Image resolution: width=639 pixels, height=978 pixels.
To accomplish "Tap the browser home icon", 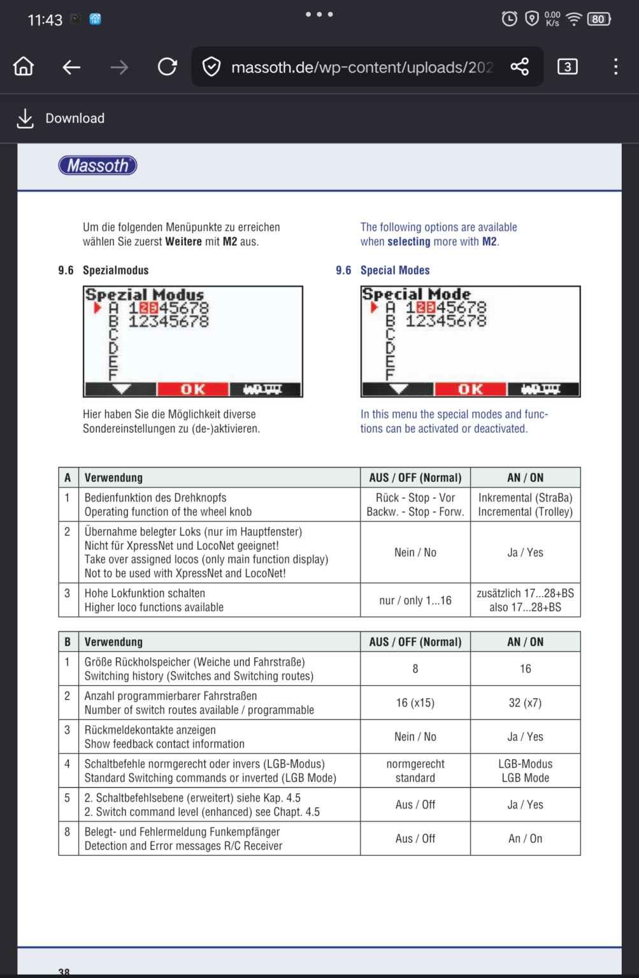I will [x=24, y=66].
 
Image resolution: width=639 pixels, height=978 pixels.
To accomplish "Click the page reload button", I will [x=168, y=66].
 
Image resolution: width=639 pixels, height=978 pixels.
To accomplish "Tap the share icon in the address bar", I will [x=519, y=66].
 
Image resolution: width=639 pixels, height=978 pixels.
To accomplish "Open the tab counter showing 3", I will [x=567, y=66].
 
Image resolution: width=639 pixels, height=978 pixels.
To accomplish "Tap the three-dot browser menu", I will [x=615, y=66].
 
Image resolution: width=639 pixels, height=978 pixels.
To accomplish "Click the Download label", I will [x=75, y=118].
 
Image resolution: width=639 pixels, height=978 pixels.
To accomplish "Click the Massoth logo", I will [x=97, y=166].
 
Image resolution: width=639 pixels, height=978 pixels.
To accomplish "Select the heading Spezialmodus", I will [x=115, y=270].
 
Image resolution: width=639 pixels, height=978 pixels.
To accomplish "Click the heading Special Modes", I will [x=395, y=270].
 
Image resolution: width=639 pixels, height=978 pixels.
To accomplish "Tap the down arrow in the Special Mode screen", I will [x=398, y=389].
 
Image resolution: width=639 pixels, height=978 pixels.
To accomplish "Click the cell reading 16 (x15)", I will [x=415, y=703].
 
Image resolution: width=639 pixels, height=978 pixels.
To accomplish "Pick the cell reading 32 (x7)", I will [x=525, y=703].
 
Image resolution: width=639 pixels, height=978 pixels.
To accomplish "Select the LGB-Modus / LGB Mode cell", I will [x=525, y=770].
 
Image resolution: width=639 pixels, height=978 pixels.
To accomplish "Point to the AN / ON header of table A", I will [x=525, y=478].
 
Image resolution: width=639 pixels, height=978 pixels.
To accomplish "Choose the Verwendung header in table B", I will [x=113, y=642].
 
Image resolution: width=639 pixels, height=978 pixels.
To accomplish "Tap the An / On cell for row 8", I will [x=525, y=839].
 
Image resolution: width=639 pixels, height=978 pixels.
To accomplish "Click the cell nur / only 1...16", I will [x=415, y=600].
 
